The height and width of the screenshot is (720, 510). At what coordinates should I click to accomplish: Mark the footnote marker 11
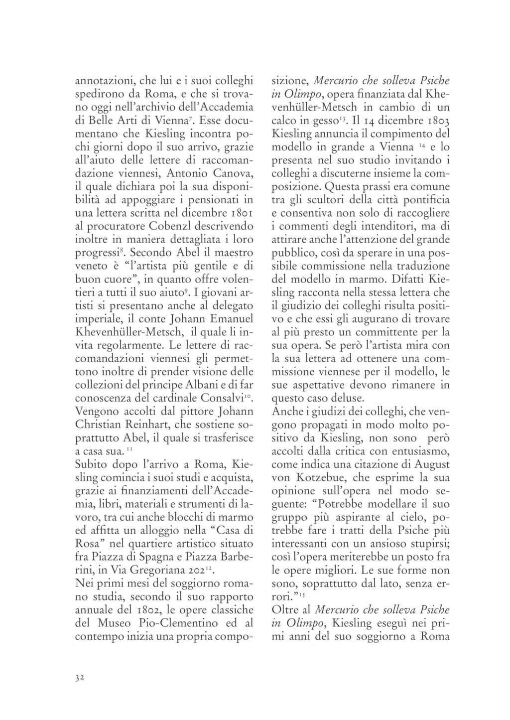pos(128,450)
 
